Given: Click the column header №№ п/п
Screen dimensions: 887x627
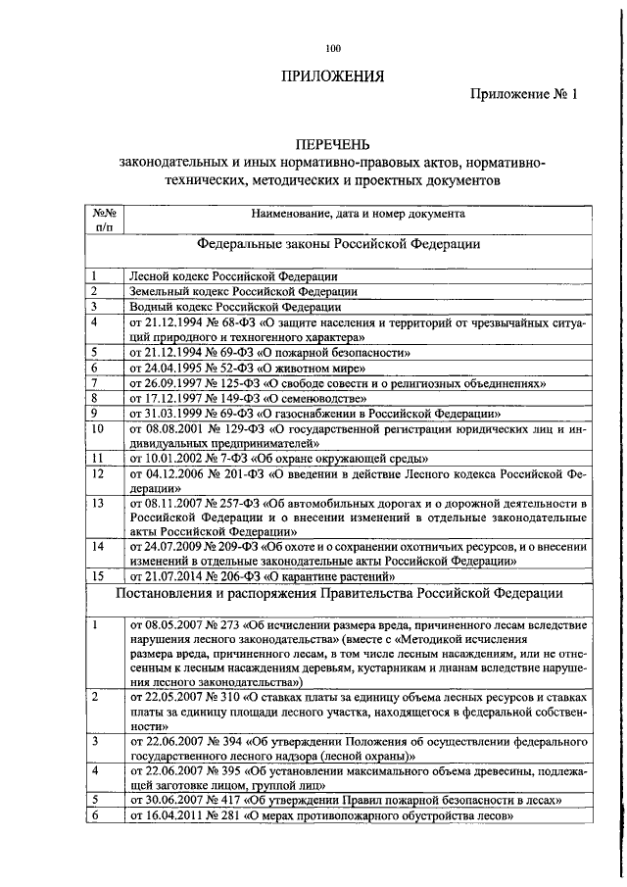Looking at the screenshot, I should (105, 218).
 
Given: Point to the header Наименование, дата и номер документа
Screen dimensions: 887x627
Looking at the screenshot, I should (358, 212).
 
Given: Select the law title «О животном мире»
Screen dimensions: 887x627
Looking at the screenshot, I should (315, 368).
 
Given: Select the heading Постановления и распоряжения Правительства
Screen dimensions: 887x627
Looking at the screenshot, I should (340, 593).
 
